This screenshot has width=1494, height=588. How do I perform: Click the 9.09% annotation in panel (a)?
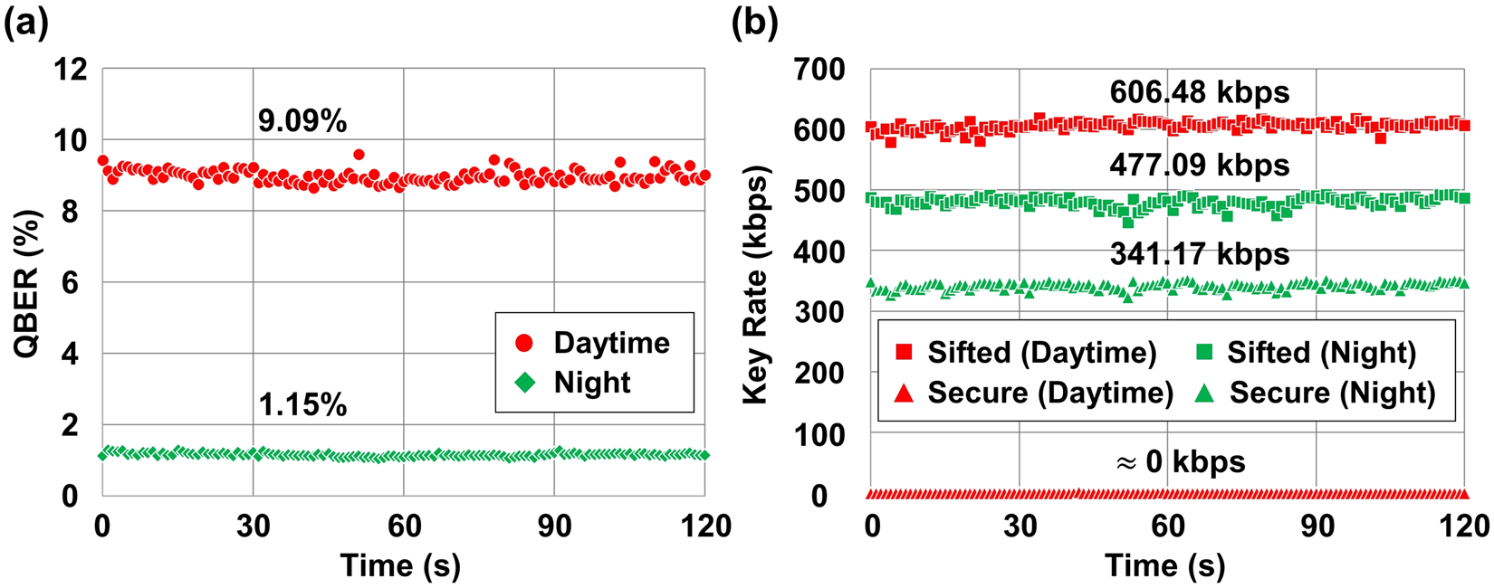coord(302,121)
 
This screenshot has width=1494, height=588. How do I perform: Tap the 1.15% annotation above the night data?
coord(302,404)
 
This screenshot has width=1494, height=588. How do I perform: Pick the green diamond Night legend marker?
coord(524,383)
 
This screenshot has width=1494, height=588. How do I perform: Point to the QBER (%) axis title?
coord(29,283)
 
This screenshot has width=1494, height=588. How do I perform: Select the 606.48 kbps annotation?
coord(1200,92)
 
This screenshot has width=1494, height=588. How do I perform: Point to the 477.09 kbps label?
coord(1200,166)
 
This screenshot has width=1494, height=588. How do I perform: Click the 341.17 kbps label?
coord(1200,254)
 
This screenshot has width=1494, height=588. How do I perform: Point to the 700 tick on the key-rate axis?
coord(819,70)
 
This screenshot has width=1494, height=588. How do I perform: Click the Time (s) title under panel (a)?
coord(400,566)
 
